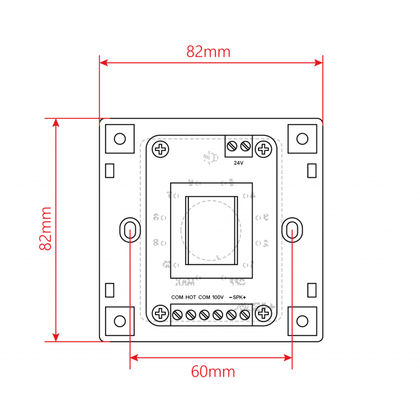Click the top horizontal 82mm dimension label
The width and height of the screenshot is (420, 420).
[x=209, y=52]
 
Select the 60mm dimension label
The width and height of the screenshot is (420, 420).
[x=213, y=371]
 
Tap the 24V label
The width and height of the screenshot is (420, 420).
[x=238, y=163]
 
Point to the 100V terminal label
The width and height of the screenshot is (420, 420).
[x=218, y=297]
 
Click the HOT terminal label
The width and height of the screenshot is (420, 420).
[x=191, y=297]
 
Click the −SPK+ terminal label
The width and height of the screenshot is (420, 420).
[x=237, y=297]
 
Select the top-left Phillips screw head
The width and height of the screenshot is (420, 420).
[x=160, y=149]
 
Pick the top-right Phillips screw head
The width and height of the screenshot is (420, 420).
[x=264, y=149]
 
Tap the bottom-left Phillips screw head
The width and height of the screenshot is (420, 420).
[x=160, y=314]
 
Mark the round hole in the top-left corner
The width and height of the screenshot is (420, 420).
[x=119, y=138]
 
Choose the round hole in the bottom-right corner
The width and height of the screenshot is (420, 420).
[x=303, y=321]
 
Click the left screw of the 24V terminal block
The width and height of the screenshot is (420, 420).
[x=232, y=146]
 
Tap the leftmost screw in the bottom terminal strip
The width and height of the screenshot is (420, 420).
[x=177, y=315]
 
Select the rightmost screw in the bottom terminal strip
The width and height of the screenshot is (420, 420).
[x=245, y=315]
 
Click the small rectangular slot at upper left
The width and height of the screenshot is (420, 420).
[x=110, y=171]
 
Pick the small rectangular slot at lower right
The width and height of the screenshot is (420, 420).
[x=312, y=289]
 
